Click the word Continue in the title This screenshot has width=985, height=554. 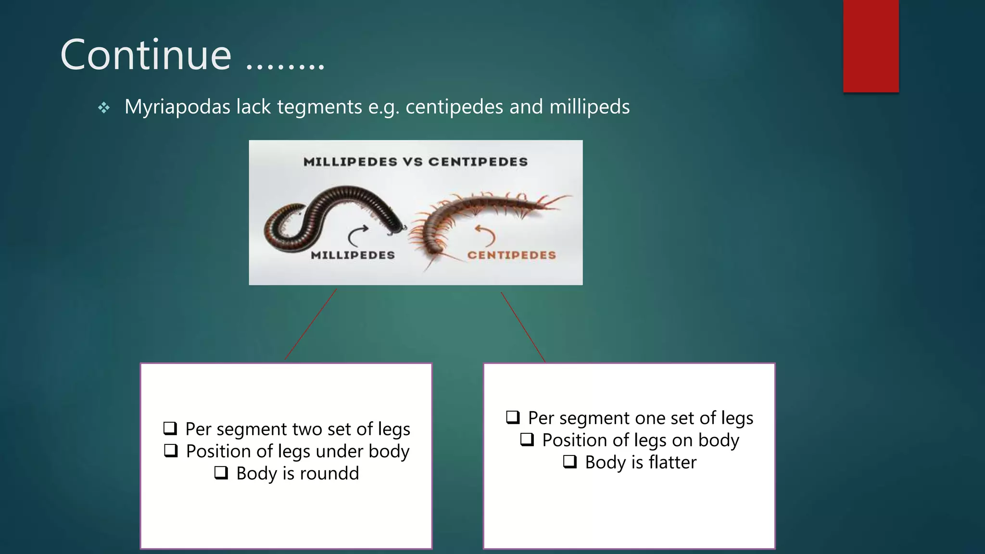(146, 55)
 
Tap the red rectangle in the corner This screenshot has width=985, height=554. (871, 46)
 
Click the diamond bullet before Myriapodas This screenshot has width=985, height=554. (104, 108)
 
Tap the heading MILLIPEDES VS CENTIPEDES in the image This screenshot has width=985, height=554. (416, 162)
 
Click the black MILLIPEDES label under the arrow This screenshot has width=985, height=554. (353, 255)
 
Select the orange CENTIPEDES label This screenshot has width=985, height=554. (511, 255)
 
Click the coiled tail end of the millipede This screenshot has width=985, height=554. (284, 226)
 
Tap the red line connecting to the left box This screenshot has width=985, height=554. (311, 324)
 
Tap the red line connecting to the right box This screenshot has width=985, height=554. (523, 327)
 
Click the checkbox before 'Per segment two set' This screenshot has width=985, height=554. (170, 428)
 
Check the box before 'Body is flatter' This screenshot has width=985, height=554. (570, 462)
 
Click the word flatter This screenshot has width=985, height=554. (672, 463)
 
